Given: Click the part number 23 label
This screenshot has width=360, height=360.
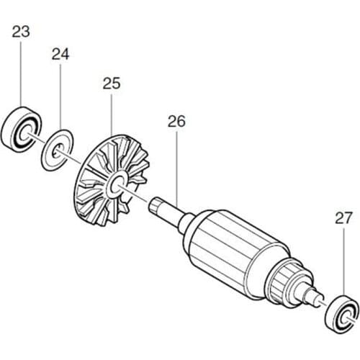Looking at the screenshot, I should tap(20, 32).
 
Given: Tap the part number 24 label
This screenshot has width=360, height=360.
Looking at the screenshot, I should tap(60, 54).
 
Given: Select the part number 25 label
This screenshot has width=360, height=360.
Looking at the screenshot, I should tap(112, 83).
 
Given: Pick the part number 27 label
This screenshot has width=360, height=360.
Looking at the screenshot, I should tap(343, 217).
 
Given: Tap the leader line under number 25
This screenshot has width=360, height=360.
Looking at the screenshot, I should tap(112, 115).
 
